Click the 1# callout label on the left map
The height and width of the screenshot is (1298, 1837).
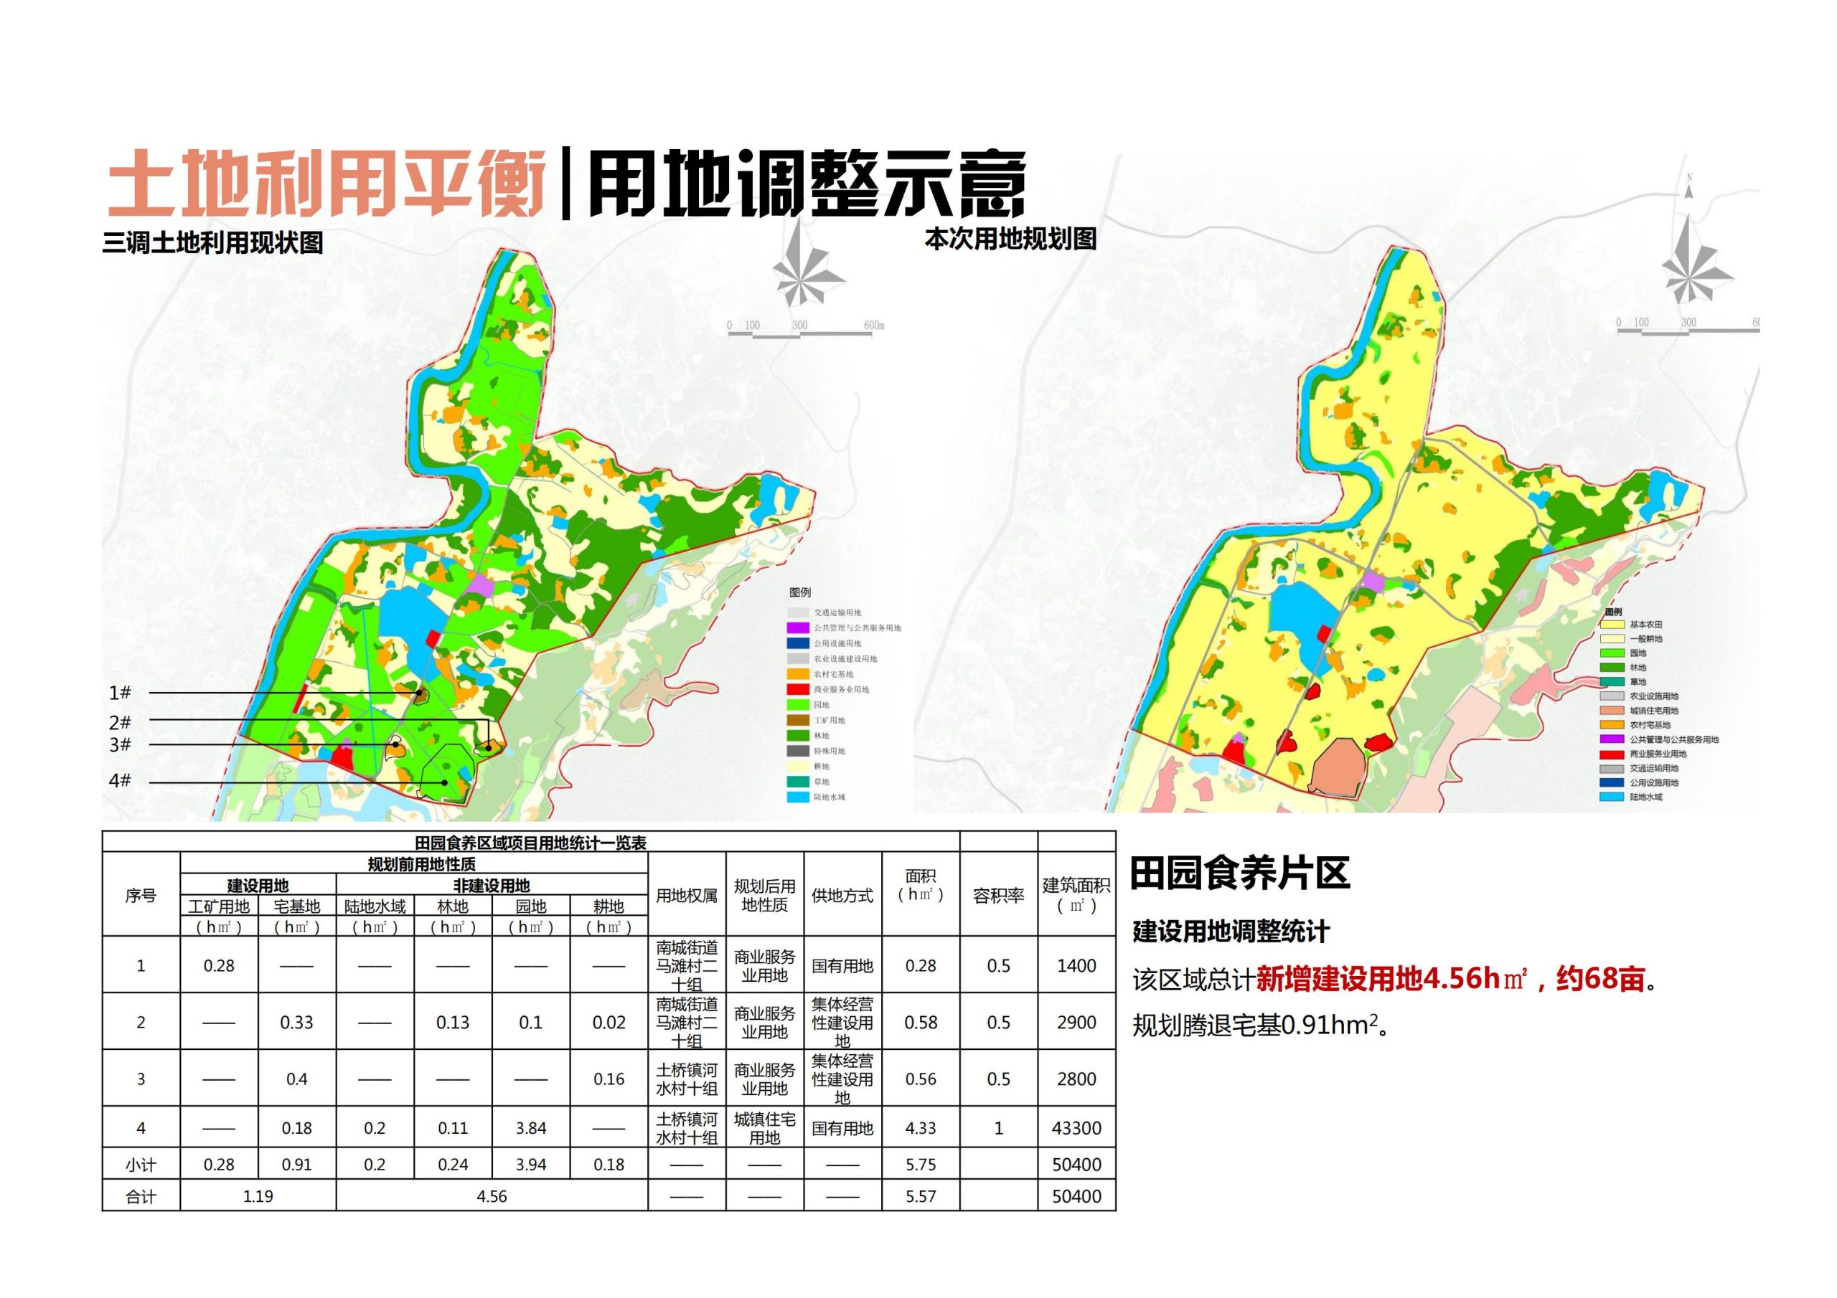[x=120, y=693]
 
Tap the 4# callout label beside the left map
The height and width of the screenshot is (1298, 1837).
[x=120, y=780]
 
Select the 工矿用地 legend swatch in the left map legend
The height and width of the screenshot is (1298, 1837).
[x=799, y=721]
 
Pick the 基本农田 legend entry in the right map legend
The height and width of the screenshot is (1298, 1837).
[x=1645, y=624]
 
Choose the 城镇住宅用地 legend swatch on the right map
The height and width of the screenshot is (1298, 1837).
[x=1612, y=710]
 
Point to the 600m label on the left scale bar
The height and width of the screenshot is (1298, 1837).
[x=874, y=326]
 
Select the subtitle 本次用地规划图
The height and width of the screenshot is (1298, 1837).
[x=1010, y=238]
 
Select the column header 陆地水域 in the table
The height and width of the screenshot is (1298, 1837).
[x=375, y=906]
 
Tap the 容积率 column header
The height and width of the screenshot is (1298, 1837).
[x=997, y=896]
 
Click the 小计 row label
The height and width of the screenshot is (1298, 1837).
[x=141, y=1165]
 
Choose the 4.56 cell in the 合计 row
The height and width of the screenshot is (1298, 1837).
[x=492, y=1196]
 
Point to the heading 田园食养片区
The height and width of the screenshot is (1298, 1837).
[x=1239, y=873]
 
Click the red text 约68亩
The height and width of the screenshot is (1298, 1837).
[x=1599, y=979]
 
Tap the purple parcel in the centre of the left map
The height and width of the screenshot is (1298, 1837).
[x=481, y=584]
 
